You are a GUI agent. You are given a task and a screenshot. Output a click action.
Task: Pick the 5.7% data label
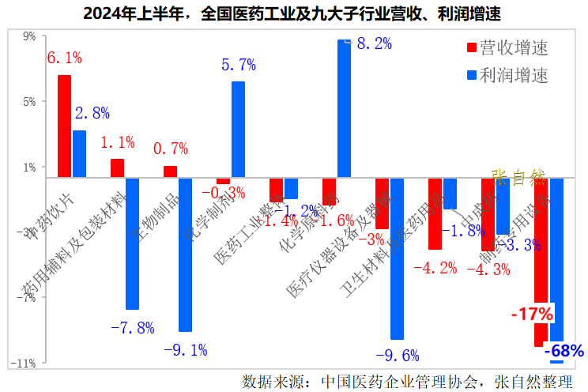(237, 65)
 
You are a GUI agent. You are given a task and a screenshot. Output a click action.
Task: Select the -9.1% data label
(185, 349)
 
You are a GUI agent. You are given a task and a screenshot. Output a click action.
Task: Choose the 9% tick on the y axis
(29, 36)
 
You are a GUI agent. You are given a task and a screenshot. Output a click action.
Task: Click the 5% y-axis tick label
(29, 102)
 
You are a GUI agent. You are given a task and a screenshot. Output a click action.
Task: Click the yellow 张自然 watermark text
(518, 176)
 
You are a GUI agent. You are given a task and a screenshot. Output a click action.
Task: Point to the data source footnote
(407, 382)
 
